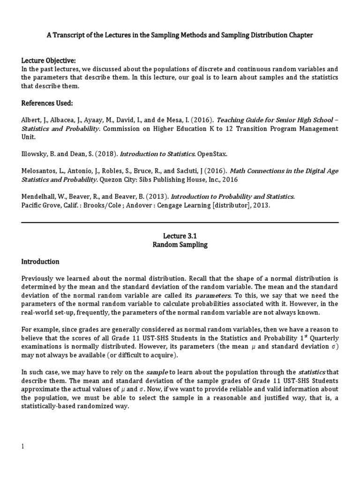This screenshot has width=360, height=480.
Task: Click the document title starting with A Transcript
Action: pos(180,35)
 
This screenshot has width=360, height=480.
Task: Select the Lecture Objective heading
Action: pos(48,61)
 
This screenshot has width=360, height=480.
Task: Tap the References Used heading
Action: pos(47,103)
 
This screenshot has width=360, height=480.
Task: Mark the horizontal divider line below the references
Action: pos(180,222)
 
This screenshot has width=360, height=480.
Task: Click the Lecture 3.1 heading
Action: pos(180,236)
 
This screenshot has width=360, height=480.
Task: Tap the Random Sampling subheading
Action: pos(180,245)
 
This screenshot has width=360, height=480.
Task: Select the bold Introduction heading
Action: pos(40,262)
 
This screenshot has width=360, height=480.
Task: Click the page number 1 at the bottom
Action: pos(22,446)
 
